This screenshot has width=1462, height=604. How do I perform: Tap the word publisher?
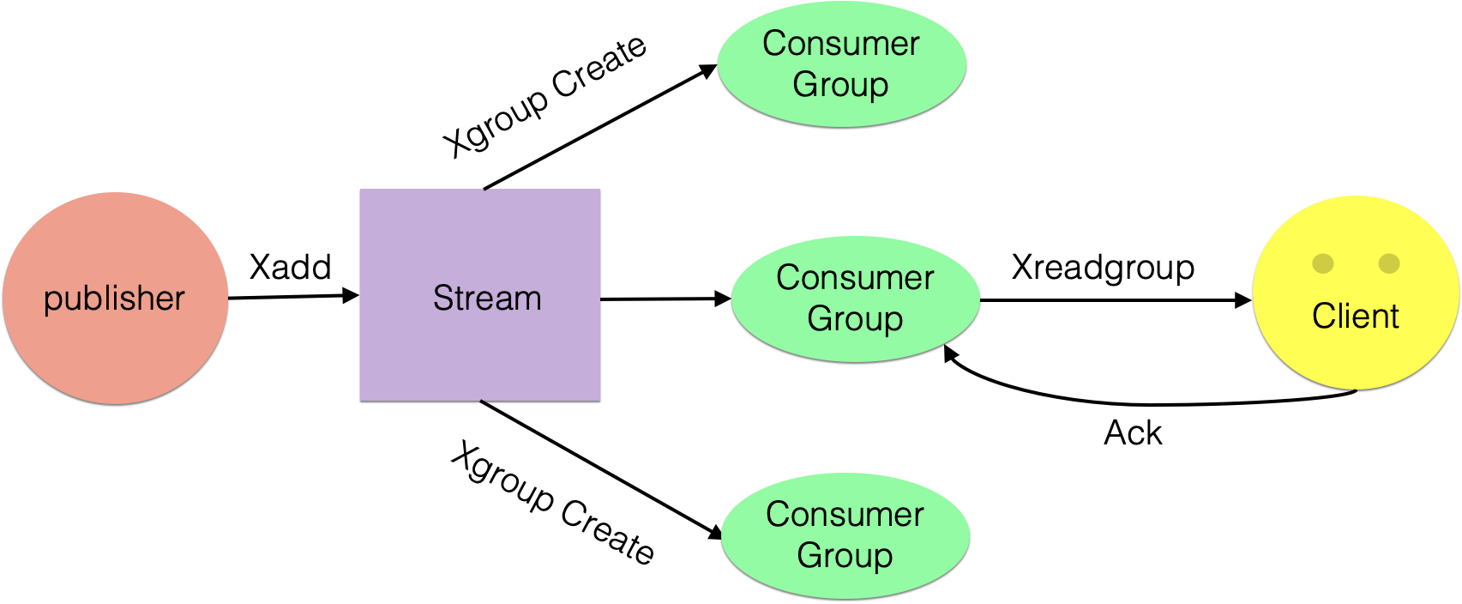114,299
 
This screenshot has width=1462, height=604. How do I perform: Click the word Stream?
487,299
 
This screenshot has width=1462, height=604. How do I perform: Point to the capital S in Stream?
442,299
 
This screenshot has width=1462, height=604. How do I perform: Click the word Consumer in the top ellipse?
841,44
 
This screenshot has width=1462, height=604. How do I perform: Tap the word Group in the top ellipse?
840,85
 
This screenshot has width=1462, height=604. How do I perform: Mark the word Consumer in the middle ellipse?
855,278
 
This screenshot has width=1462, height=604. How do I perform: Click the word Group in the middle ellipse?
855,319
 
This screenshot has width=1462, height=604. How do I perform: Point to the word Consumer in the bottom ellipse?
845,515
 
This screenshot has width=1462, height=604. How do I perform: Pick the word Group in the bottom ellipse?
845,556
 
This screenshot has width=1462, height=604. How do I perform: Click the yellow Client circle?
1355,360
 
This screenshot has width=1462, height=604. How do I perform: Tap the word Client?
1355,317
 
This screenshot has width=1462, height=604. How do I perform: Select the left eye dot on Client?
1323,263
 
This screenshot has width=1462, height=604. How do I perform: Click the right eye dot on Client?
1389,263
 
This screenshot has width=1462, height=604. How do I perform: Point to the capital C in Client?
1323,317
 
